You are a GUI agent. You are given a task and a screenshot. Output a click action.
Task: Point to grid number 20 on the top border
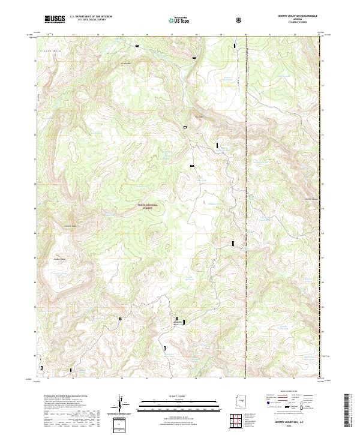pos(245,34)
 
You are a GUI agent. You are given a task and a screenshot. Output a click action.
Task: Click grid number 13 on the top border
pos(73,34)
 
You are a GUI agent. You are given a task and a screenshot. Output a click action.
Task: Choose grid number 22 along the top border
pos(295,34)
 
